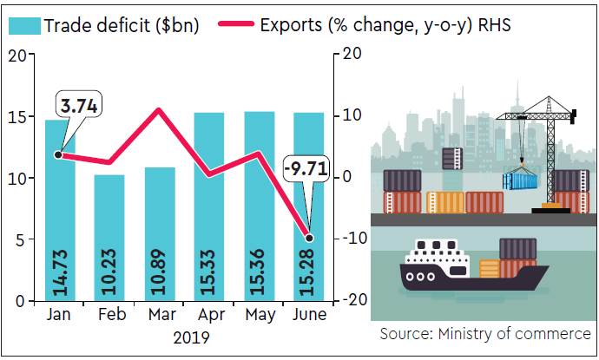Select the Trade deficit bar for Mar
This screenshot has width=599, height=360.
click(x=159, y=234)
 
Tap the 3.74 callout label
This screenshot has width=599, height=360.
click(x=76, y=107)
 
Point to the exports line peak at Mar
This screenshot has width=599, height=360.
click(x=159, y=110)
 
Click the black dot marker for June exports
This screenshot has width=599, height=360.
click(x=309, y=238)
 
